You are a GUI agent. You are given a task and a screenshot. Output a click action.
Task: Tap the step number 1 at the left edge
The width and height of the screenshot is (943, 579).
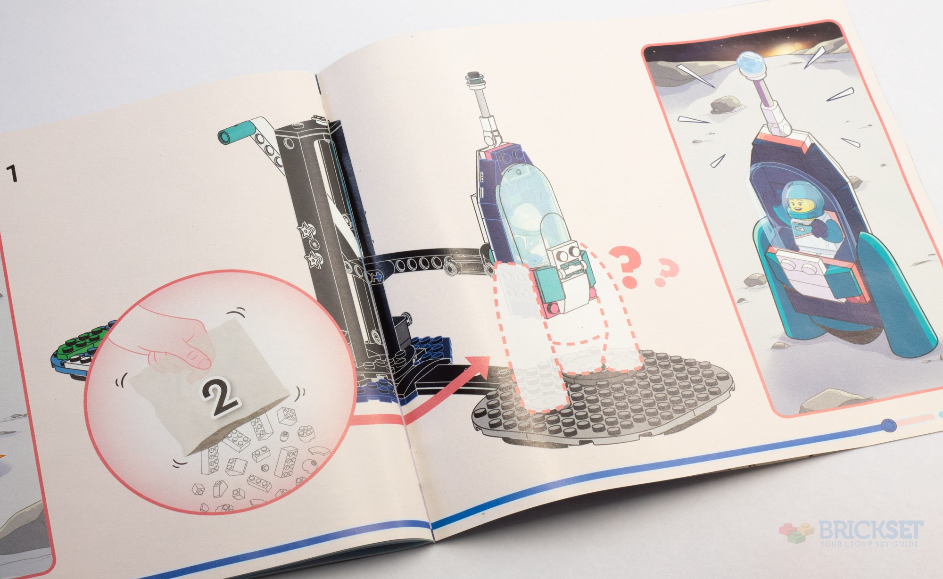click(x=12, y=173)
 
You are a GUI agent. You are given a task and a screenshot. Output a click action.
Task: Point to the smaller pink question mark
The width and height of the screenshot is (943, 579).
click(x=665, y=273)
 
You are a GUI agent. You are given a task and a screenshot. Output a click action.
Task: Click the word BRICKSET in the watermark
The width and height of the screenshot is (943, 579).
click(x=870, y=530)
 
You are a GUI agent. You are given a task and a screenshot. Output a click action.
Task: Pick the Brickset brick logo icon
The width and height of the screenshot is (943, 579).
click(x=797, y=535)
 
